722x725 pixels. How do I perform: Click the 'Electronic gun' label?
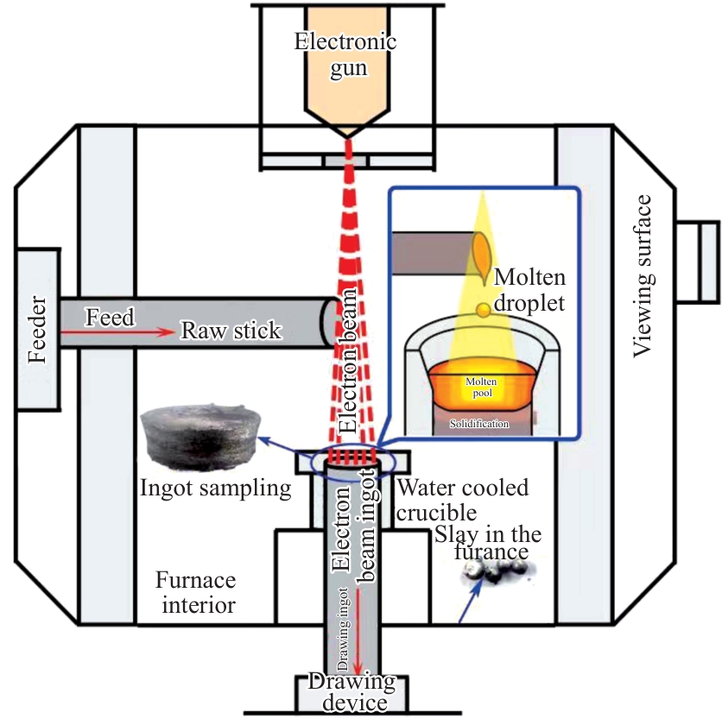[x=345, y=54]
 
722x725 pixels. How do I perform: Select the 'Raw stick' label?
[x=230, y=331]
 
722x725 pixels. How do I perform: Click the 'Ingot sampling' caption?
[x=216, y=489]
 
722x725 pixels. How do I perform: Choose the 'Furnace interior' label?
[x=195, y=592]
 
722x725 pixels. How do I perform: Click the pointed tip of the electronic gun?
[x=349, y=136]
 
